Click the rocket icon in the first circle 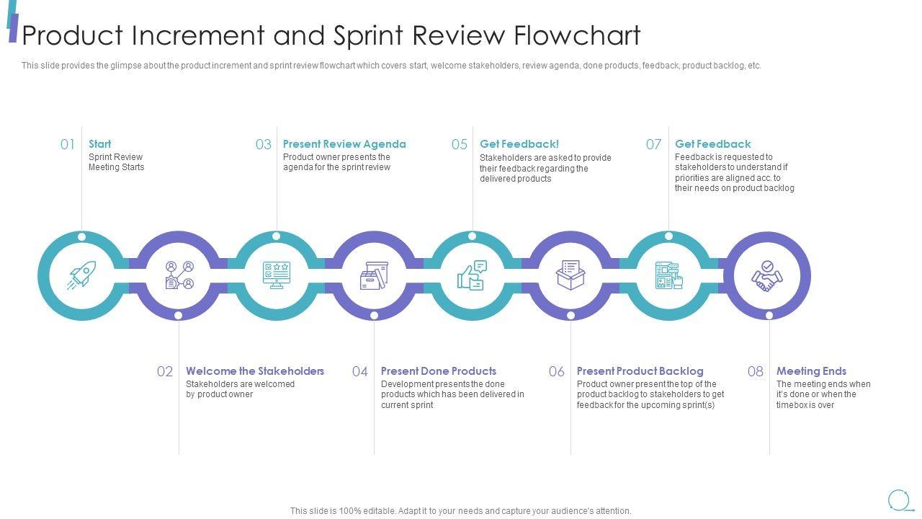pyautogui.click(x=81, y=276)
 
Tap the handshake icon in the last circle pyautogui.click(x=767, y=276)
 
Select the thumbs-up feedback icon pyautogui.click(x=472, y=276)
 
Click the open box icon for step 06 pyautogui.click(x=570, y=276)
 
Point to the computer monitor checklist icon pyautogui.click(x=277, y=276)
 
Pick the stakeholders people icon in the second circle pyautogui.click(x=179, y=276)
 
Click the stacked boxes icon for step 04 pyautogui.click(x=375, y=276)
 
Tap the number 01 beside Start pyautogui.click(x=68, y=144)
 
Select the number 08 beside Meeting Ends pyautogui.click(x=755, y=371)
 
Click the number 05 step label pyautogui.click(x=460, y=144)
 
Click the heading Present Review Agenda pyautogui.click(x=344, y=144)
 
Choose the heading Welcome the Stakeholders pyautogui.click(x=255, y=371)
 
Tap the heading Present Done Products pyautogui.click(x=439, y=371)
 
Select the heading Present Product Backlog pyautogui.click(x=640, y=371)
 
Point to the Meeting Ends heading pyautogui.click(x=811, y=371)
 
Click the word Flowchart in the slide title pyautogui.click(x=578, y=35)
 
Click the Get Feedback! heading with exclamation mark pyautogui.click(x=519, y=144)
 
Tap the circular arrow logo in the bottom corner pyautogui.click(x=899, y=500)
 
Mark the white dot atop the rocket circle pyautogui.click(x=81, y=236)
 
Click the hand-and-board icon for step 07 pyautogui.click(x=668, y=276)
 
